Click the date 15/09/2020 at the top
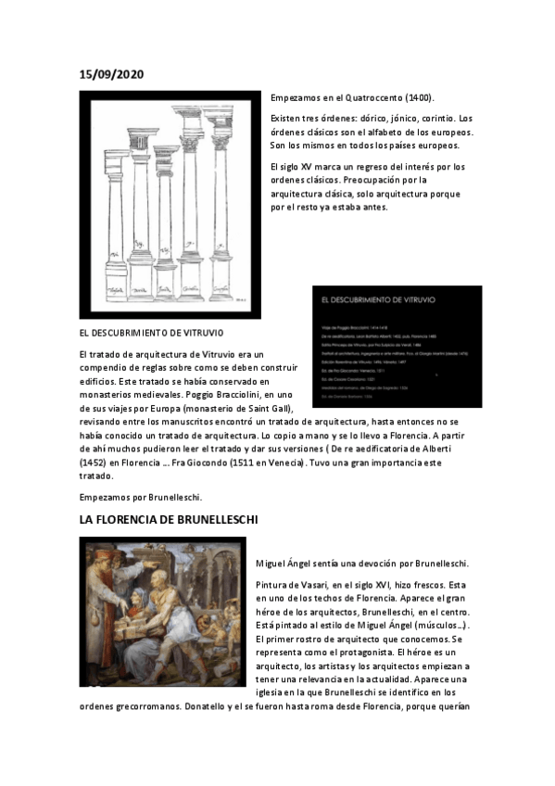pos(111,73)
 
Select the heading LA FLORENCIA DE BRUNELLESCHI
pos(168,519)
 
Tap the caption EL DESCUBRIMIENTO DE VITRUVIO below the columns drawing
pos(151,331)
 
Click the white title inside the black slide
pos(377,300)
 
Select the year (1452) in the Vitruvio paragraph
pos(94,461)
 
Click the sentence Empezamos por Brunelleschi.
pos(140,497)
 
